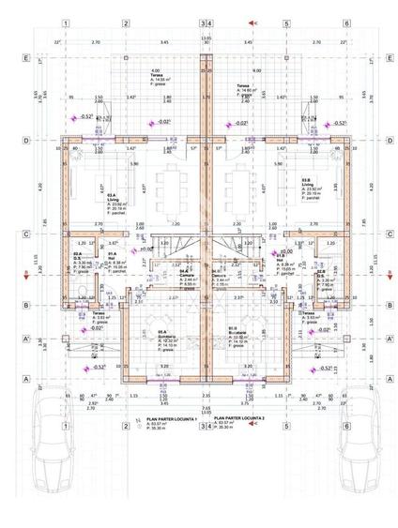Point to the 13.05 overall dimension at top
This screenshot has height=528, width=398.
(x=206, y=38)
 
